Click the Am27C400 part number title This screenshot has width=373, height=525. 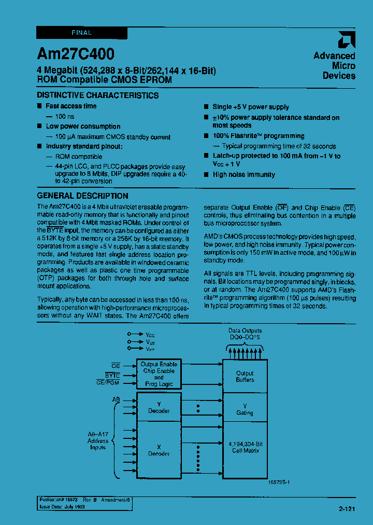click(x=76, y=54)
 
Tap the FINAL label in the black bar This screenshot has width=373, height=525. click(x=81, y=33)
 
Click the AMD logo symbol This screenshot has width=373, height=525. click(x=346, y=40)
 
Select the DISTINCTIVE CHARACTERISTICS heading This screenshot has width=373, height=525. click(x=97, y=95)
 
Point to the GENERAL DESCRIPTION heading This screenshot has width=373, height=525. click(x=83, y=196)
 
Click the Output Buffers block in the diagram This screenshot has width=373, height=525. click(x=245, y=376)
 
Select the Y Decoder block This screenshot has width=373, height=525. click(x=159, y=407)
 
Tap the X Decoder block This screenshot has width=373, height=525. click(x=159, y=449)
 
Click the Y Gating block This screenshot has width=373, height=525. click(x=245, y=409)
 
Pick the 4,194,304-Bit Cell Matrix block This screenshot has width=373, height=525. click(x=245, y=447)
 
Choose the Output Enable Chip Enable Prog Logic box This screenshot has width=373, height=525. click(x=159, y=374)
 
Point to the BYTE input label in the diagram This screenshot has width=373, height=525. click(x=112, y=375)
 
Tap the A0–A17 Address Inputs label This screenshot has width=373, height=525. click(x=98, y=441)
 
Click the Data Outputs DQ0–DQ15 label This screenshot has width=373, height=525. click(x=245, y=334)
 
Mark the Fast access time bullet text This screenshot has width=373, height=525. click(x=71, y=106)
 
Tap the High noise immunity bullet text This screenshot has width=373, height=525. click(x=244, y=175)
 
